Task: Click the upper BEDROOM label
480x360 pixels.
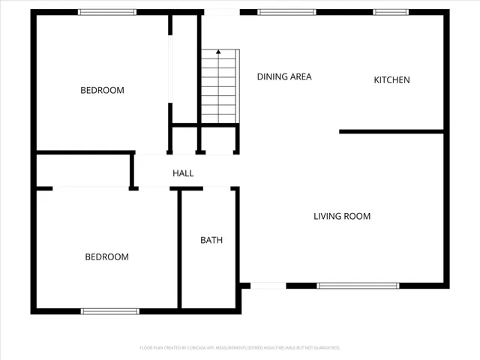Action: (x=102, y=91)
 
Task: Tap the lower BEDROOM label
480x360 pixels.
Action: (x=106, y=257)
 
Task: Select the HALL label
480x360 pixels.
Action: (x=183, y=173)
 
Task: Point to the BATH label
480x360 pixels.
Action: (x=211, y=241)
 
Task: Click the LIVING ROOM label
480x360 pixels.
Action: (x=342, y=217)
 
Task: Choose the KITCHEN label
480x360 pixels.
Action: (x=392, y=80)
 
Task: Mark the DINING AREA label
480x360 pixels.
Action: (x=284, y=76)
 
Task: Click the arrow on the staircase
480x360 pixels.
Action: (x=218, y=52)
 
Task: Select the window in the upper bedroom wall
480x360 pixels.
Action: (x=107, y=12)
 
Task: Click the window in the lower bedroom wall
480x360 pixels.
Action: (x=110, y=310)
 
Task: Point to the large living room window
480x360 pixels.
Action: (x=358, y=286)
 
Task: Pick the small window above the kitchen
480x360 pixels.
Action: (x=391, y=12)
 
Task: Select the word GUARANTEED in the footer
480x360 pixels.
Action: (x=325, y=348)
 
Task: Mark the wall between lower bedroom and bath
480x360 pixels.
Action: (x=179, y=247)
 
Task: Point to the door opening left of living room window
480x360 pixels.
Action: (x=268, y=286)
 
